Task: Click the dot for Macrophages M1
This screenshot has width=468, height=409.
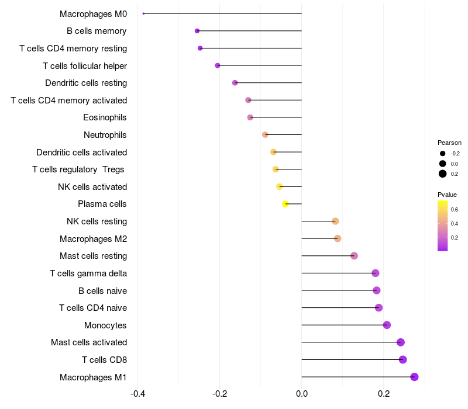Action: [414, 377]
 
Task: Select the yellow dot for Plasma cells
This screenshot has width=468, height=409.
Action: [285, 204]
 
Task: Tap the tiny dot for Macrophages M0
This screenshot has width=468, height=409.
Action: [143, 13]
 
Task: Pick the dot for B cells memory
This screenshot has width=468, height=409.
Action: [197, 31]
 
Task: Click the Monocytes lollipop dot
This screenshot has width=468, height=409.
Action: [387, 325]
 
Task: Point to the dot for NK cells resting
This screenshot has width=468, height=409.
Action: [335, 221]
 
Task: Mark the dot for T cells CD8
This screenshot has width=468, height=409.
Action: [402, 359]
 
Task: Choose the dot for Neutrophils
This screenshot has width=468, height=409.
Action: [265, 135]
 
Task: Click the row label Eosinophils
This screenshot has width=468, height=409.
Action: [105, 117]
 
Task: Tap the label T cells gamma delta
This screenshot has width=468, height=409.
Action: [88, 273]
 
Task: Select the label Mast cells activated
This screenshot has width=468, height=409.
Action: [89, 342]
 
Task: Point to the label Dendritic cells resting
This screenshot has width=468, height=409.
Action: [86, 83]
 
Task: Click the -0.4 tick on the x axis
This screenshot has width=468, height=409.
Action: [137, 394]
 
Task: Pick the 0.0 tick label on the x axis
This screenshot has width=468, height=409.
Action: [302, 394]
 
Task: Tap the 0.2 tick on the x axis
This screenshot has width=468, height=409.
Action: [384, 394]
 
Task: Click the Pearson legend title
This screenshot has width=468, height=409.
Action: [449, 143]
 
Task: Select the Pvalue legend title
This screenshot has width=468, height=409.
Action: [447, 195]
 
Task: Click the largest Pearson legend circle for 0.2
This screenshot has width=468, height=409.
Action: [443, 174]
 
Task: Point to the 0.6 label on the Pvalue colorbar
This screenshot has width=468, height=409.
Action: [455, 209]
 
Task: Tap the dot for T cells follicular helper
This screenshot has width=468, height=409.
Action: [218, 65]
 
